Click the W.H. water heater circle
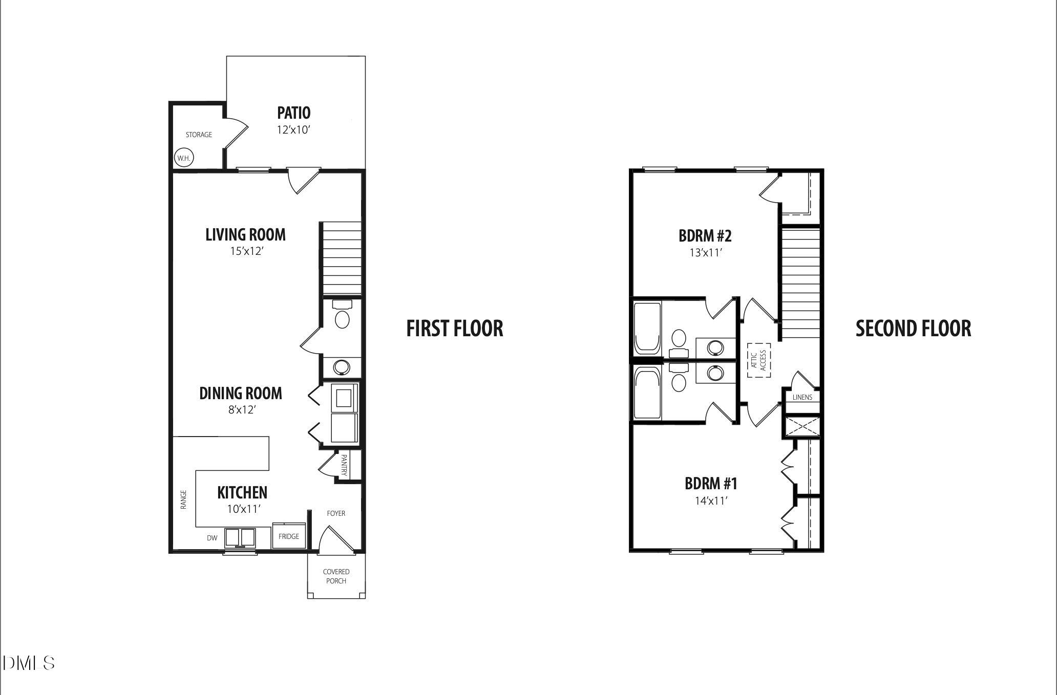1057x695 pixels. point(183,158)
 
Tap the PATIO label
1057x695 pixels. point(293,113)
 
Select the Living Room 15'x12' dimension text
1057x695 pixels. point(246,252)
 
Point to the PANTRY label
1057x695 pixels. point(344,465)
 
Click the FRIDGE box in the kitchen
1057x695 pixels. point(289,536)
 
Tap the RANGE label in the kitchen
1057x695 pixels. point(183,499)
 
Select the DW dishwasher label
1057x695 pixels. point(212,538)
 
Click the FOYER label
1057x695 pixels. point(336,513)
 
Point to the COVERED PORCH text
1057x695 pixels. point(336,576)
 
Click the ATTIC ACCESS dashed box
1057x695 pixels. point(758,360)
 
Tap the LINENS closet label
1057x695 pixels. point(802,397)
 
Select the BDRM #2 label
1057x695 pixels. point(705,236)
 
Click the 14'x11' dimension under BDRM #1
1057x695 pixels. point(711,501)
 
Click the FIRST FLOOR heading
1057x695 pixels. point(454,329)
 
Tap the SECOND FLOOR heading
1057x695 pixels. point(913,329)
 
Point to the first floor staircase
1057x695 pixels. point(341,258)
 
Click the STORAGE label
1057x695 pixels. point(199,135)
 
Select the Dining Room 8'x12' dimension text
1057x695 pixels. point(242,410)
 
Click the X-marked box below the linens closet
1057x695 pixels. point(802,427)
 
